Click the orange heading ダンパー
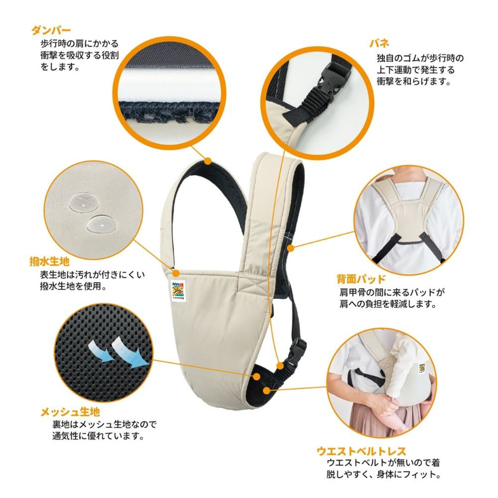pyautogui.click(x=51, y=30)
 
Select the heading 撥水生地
pyautogui.click(x=49, y=262)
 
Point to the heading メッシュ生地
pyautogui.click(x=70, y=412)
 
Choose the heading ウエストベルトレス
pyautogui.click(x=361, y=451)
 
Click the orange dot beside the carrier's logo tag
pyautogui.click(x=176, y=273)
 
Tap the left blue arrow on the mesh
pyautogui.click(x=99, y=349)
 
